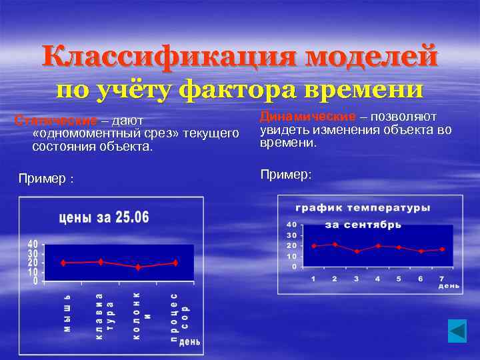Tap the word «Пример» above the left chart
pyautogui.click(x=41, y=179)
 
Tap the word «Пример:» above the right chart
pyautogui.click(x=286, y=174)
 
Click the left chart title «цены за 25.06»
pyautogui.click(x=104, y=217)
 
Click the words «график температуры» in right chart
pyautogui.click(x=363, y=208)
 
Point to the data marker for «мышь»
pyautogui.click(x=63, y=263)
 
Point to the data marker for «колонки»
pyautogui.click(x=138, y=267)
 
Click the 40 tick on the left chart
pyautogui.click(x=33, y=244)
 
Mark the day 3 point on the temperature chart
pyautogui.click(x=357, y=251)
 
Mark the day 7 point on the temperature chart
pyautogui.click(x=442, y=249)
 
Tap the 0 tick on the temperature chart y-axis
pyautogui.click(x=294, y=267)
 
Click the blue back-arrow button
pyautogui.click(x=457, y=331)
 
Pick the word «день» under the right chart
pyautogui.click(x=448, y=285)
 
